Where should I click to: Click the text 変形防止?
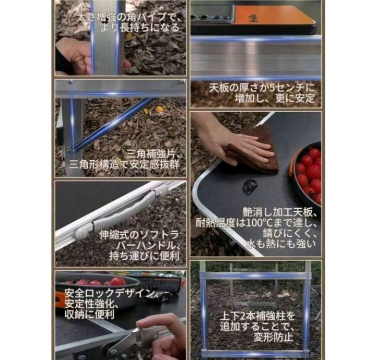(273, 337)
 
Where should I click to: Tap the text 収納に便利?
(89, 314)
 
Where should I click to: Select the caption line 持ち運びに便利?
(145, 257)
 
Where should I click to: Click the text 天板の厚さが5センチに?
(262, 88)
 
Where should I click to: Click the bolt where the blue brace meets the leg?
(71, 151)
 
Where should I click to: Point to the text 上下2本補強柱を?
(257, 316)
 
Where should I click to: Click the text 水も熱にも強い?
(281, 244)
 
